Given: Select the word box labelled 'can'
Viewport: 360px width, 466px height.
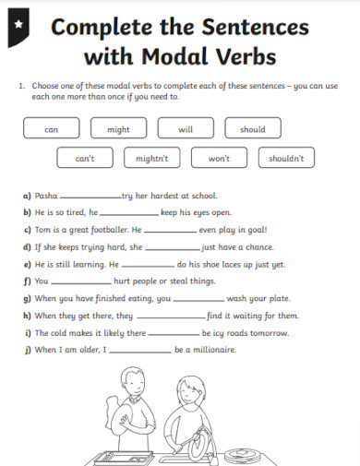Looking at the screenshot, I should pos(51,130).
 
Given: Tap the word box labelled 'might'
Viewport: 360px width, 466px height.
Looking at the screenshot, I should pos(118,130).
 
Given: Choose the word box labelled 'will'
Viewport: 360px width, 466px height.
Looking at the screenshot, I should pos(186,130).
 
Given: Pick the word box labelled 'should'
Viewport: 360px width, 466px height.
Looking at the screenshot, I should pos(253,130).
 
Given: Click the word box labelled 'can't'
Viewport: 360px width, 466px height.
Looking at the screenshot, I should pos(85,159).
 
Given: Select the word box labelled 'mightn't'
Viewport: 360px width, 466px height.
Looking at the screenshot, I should pos(151,159).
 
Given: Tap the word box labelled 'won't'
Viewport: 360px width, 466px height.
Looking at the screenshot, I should pos(219,159).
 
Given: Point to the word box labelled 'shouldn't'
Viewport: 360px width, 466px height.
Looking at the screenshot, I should pos(286,159).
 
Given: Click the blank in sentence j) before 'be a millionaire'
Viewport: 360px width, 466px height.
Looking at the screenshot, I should pos(139,351).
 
